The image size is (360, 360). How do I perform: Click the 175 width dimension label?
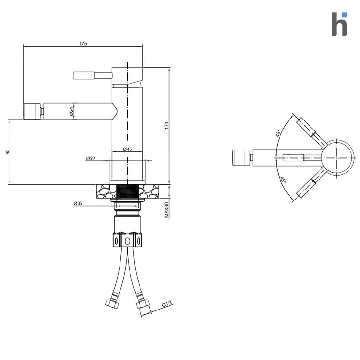click(x=83, y=44)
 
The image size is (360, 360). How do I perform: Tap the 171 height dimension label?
click(x=167, y=125)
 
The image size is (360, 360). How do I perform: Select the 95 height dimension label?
click(x=8, y=152)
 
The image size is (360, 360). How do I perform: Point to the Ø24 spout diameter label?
click(x=71, y=111)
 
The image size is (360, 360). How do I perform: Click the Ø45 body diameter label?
click(x=128, y=149)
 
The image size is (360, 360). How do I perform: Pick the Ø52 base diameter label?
click(x=90, y=158)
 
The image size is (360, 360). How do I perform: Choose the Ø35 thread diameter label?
click(x=78, y=203)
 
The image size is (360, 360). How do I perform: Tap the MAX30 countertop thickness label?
click(x=167, y=210)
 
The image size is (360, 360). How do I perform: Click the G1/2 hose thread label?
click(x=167, y=304)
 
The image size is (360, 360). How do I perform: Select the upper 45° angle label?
click(x=278, y=133)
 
